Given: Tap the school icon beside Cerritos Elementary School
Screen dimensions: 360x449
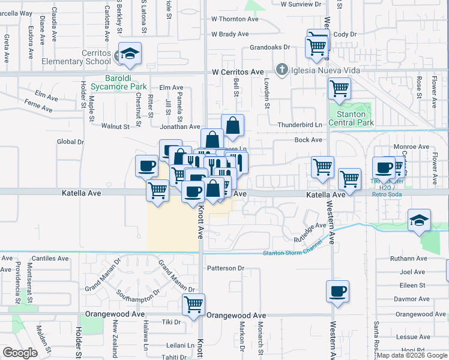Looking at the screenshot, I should click(x=130, y=54).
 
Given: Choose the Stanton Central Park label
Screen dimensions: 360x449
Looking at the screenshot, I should click(x=351, y=118).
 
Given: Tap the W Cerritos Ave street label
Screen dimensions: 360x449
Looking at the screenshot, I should click(x=238, y=72).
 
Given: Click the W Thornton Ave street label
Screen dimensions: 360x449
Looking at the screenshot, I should click(x=234, y=19).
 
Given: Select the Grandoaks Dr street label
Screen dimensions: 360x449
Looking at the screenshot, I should click(x=270, y=47).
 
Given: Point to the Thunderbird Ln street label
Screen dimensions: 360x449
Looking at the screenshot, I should click(x=300, y=125).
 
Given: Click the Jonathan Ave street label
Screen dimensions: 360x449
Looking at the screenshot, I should click(x=179, y=127).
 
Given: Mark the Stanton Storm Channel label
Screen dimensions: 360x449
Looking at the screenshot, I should click(x=288, y=252).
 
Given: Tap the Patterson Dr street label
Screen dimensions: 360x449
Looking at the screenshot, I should click(x=226, y=268).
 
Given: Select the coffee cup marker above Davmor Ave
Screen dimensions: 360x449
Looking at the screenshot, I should click(x=337, y=291).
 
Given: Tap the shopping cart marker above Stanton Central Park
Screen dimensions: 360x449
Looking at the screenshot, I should click(x=339, y=88).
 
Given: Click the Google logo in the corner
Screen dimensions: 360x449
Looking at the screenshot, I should click(x=20, y=353).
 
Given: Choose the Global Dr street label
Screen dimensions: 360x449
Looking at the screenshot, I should click(x=70, y=142).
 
